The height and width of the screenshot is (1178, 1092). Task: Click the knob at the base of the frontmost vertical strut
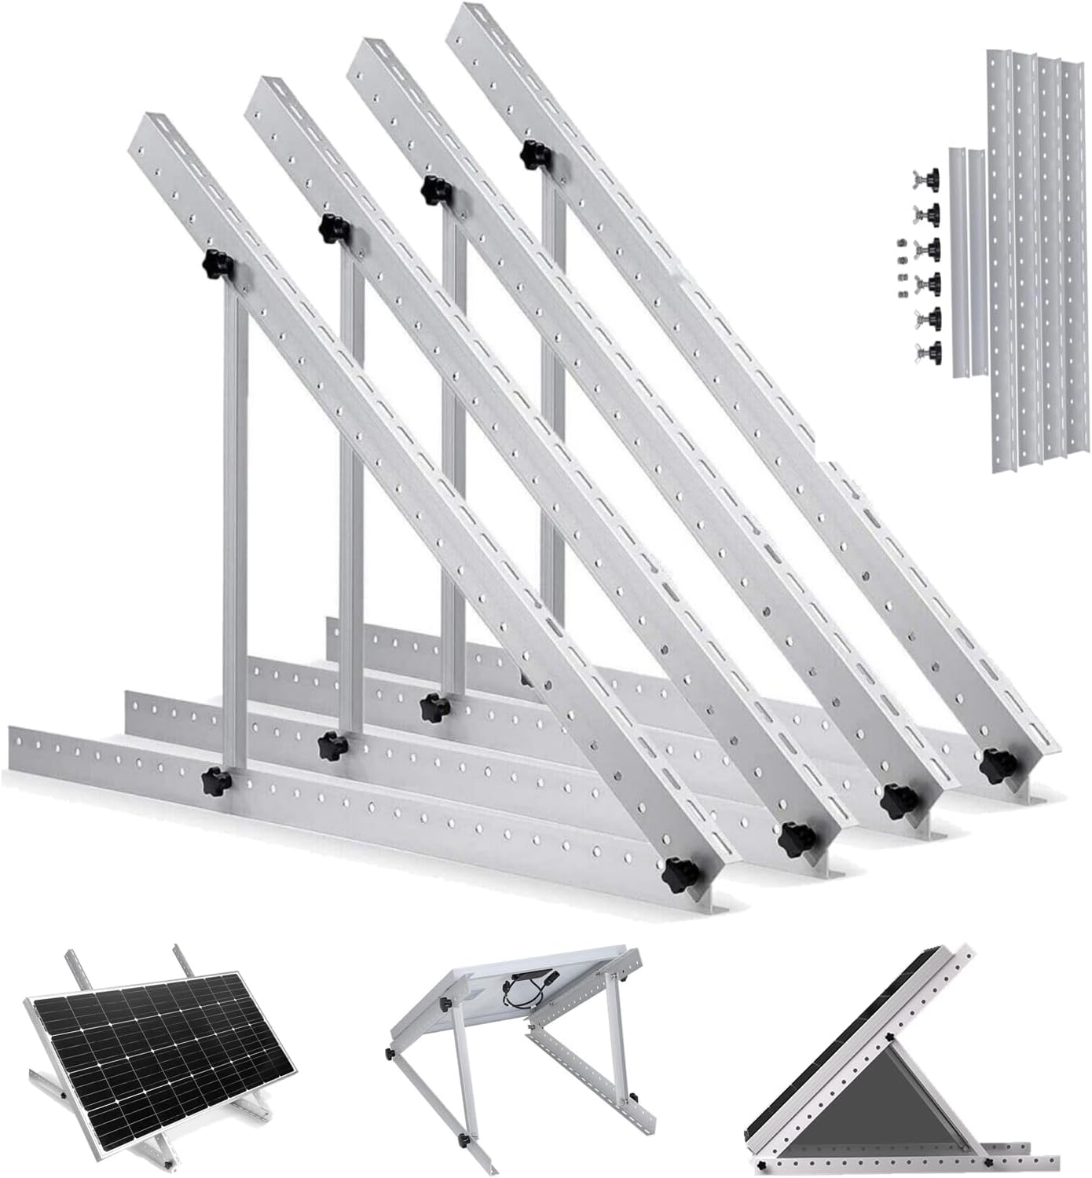click(214, 781)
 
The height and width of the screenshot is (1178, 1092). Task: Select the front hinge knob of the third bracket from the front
click(895, 799)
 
